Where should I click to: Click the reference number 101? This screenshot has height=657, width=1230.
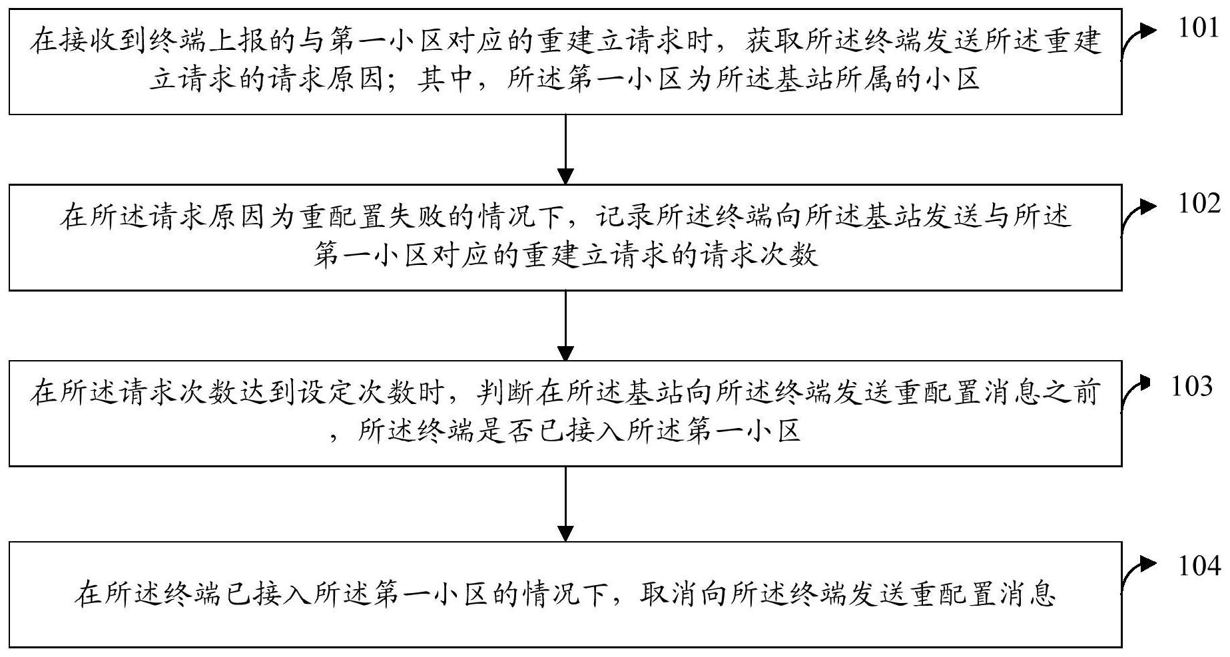(x=1198, y=29)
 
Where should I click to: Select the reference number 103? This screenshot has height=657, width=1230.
(x=1192, y=386)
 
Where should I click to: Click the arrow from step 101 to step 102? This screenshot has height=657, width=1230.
(x=565, y=150)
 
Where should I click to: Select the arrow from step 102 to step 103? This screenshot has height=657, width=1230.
(x=565, y=326)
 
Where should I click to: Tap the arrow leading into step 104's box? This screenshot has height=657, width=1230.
(x=565, y=504)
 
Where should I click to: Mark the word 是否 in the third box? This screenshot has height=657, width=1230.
(x=519, y=431)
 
